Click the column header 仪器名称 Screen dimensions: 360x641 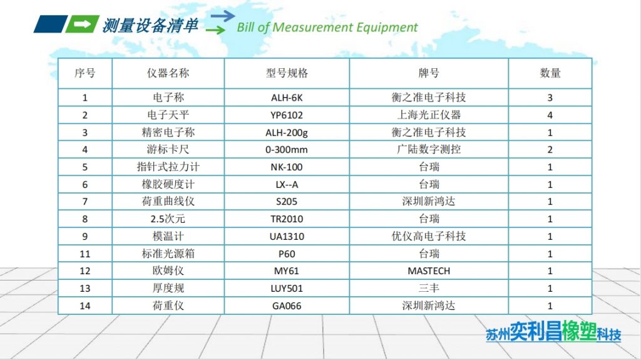168,73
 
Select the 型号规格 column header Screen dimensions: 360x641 287,73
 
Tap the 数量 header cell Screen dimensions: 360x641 550,73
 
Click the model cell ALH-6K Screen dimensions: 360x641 287,98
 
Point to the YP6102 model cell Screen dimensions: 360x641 287,115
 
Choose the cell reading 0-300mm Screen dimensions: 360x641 287,150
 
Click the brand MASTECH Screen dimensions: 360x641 429,271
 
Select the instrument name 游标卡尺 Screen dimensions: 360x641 168,150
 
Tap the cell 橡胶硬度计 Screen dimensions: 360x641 168,185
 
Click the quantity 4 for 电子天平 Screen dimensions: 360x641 550,115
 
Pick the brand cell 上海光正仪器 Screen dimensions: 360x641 429,115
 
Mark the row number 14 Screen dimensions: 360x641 85,306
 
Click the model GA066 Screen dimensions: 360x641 287,306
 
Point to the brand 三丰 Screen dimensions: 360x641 429,289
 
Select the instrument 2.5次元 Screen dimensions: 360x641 168,219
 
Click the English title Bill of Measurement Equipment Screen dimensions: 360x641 327,28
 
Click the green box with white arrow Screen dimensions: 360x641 82,24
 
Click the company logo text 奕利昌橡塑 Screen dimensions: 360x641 546,332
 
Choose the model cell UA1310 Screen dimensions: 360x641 287,237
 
